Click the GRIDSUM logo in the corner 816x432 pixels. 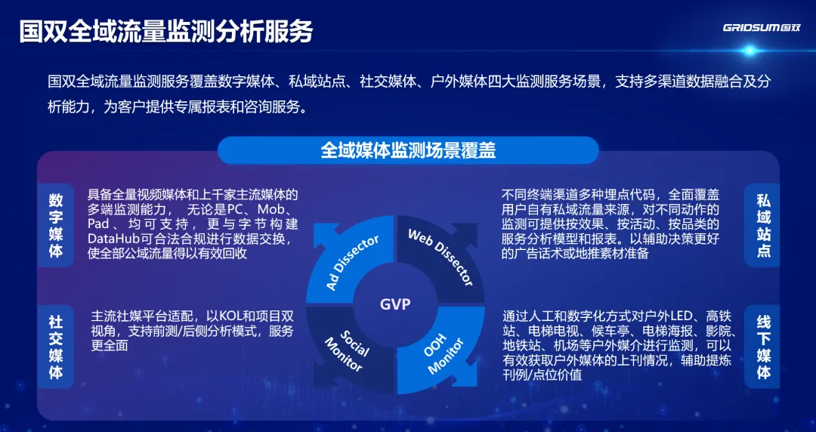(762, 28)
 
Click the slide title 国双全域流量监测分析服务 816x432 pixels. (166, 32)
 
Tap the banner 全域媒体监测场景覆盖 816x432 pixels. (408, 150)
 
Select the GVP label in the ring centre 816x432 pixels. (395, 304)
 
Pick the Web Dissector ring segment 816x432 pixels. (440, 261)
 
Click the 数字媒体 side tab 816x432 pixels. (56, 225)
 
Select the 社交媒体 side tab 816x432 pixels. (56, 346)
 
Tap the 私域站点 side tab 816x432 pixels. (763, 225)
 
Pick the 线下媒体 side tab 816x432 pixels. (763, 346)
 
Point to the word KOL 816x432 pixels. (231, 317)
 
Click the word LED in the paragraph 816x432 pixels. (686, 316)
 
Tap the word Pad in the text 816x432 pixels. (97, 224)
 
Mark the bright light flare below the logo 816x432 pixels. (750, 51)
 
